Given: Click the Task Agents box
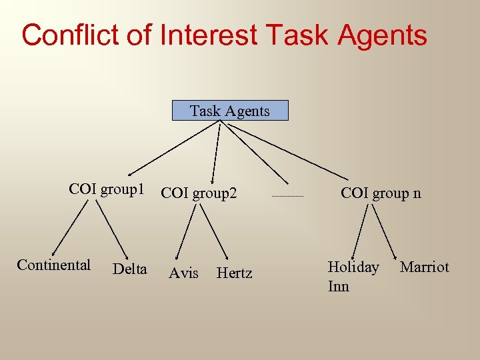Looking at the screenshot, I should coord(230,111).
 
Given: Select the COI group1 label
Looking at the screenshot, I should coord(107,189).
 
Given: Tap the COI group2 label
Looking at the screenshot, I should coord(199,193).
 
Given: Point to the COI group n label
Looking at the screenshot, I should coord(381,193).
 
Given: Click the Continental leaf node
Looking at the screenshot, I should coord(54,265).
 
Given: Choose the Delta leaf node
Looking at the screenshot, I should coord(130,269).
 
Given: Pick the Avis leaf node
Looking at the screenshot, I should coord(183,273).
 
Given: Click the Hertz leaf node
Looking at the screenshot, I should coord(235,273).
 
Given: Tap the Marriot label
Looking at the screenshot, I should coord(425,267).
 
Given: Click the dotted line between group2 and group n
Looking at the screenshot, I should coord(288,197).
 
